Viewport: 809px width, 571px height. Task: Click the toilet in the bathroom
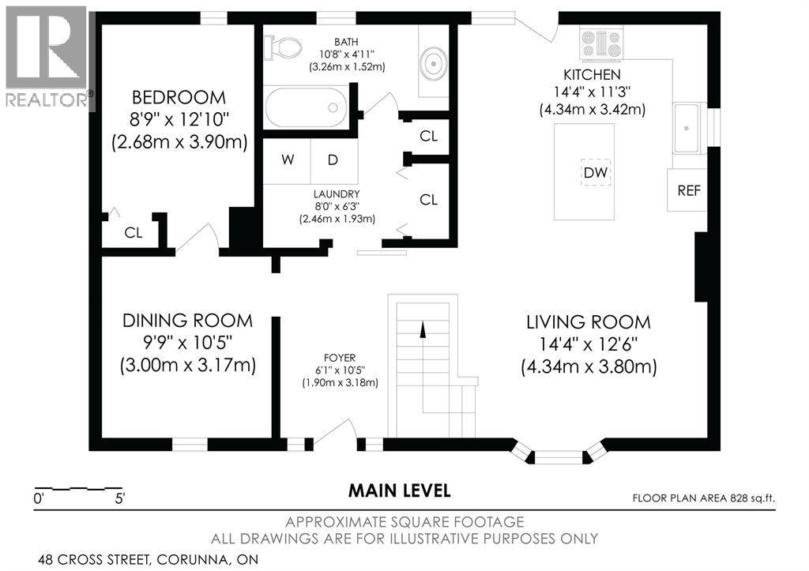[285, 47]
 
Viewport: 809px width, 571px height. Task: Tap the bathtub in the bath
[307, 107]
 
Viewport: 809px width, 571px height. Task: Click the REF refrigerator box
[689, 190]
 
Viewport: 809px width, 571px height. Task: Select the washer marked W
[288, 160]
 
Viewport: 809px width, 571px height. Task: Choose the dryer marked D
[333, 160]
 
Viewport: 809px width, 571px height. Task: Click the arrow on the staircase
[422, 329]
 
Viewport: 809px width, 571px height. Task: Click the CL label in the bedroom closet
[133, 233]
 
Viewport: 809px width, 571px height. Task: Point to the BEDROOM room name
[179, 98]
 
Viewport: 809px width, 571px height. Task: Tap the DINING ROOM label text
[187, 321]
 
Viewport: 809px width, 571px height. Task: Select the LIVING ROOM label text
[589, 322]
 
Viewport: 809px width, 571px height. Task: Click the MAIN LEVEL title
[400, 490]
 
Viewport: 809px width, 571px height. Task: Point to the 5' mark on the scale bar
[119, 499]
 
